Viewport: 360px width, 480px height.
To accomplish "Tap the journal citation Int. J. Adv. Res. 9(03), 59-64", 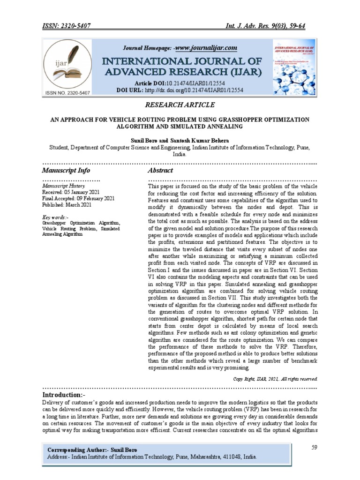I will pyautogui.click(x=265, y=26).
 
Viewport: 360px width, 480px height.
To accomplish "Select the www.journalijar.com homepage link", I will pyautogui.click(x=206, y=48).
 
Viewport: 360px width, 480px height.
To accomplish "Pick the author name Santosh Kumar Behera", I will pyautogui.click(x=197, y=140).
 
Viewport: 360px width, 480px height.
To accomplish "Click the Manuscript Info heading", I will pyautogui.click(x=66, y=170).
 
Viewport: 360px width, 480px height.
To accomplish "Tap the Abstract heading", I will pyautogui.click(x=160, y=170).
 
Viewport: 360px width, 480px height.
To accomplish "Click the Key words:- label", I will pyautogui.click(x=55, y=217).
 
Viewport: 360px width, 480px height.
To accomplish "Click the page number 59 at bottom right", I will pyautogui.click(x=315, y=448).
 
